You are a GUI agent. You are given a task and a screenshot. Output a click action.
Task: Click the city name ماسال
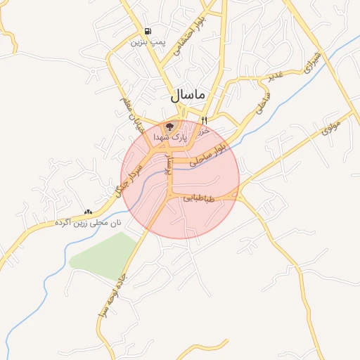187,95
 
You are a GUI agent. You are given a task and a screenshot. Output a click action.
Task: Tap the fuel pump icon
147,32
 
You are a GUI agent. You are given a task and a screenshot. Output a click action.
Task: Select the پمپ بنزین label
147,42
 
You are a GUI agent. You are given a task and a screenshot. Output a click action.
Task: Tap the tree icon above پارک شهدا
169,127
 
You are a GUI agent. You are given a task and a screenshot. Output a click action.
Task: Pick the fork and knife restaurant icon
204,120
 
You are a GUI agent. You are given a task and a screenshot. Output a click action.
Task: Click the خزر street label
205,131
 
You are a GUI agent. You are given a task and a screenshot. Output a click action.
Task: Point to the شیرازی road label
311,62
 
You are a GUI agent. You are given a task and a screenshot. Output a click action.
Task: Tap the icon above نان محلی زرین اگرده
88,212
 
